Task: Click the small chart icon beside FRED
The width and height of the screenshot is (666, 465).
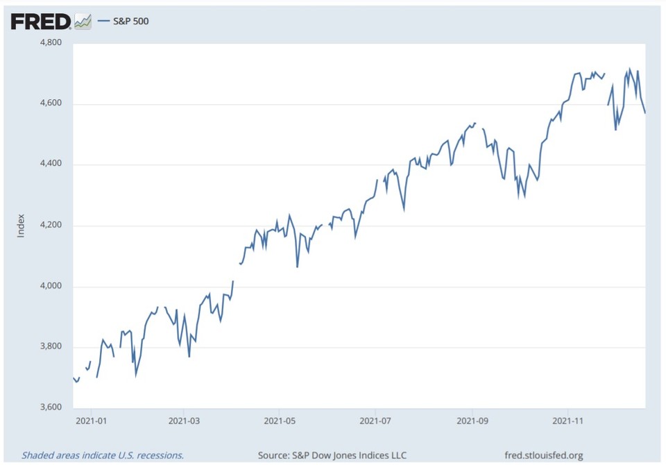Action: (83, 22)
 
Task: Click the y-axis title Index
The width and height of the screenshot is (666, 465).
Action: (21, 226)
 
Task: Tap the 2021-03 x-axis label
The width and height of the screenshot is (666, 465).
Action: (184, 421)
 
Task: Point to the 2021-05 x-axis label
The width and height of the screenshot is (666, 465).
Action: (279, 421)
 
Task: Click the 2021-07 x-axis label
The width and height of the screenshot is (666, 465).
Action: (375, 421)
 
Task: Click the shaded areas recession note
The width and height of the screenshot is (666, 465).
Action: (103, 455)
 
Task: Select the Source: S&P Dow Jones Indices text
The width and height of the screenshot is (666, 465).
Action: (332, 455)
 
